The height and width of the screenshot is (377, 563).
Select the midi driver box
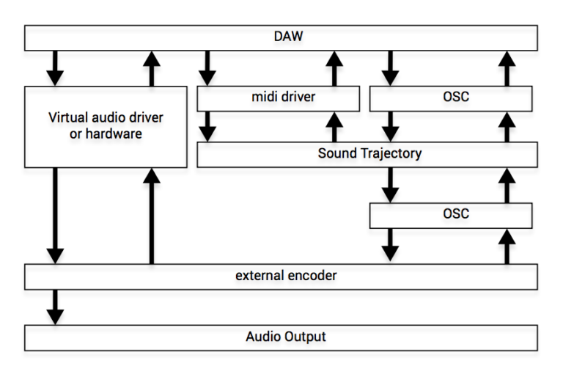[279, 98]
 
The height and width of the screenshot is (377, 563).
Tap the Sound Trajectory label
[369, 154]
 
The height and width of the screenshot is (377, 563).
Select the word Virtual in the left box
[67, 117]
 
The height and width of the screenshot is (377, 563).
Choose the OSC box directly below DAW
[451, 98]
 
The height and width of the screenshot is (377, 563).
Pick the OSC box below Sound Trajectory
[451, 215]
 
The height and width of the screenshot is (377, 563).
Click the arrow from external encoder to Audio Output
[55, 306]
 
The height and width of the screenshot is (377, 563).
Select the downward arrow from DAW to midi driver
[208, 68]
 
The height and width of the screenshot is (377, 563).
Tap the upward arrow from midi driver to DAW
[334, 68]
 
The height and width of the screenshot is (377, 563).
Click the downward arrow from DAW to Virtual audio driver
[55, 68]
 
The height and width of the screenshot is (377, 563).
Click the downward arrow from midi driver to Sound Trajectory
[208, 126]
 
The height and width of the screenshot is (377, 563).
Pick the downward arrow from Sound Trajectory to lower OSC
[391, 185]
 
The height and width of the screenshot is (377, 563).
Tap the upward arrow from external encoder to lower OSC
[506, 245]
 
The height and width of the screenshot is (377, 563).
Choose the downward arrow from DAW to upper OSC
[391, 68]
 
